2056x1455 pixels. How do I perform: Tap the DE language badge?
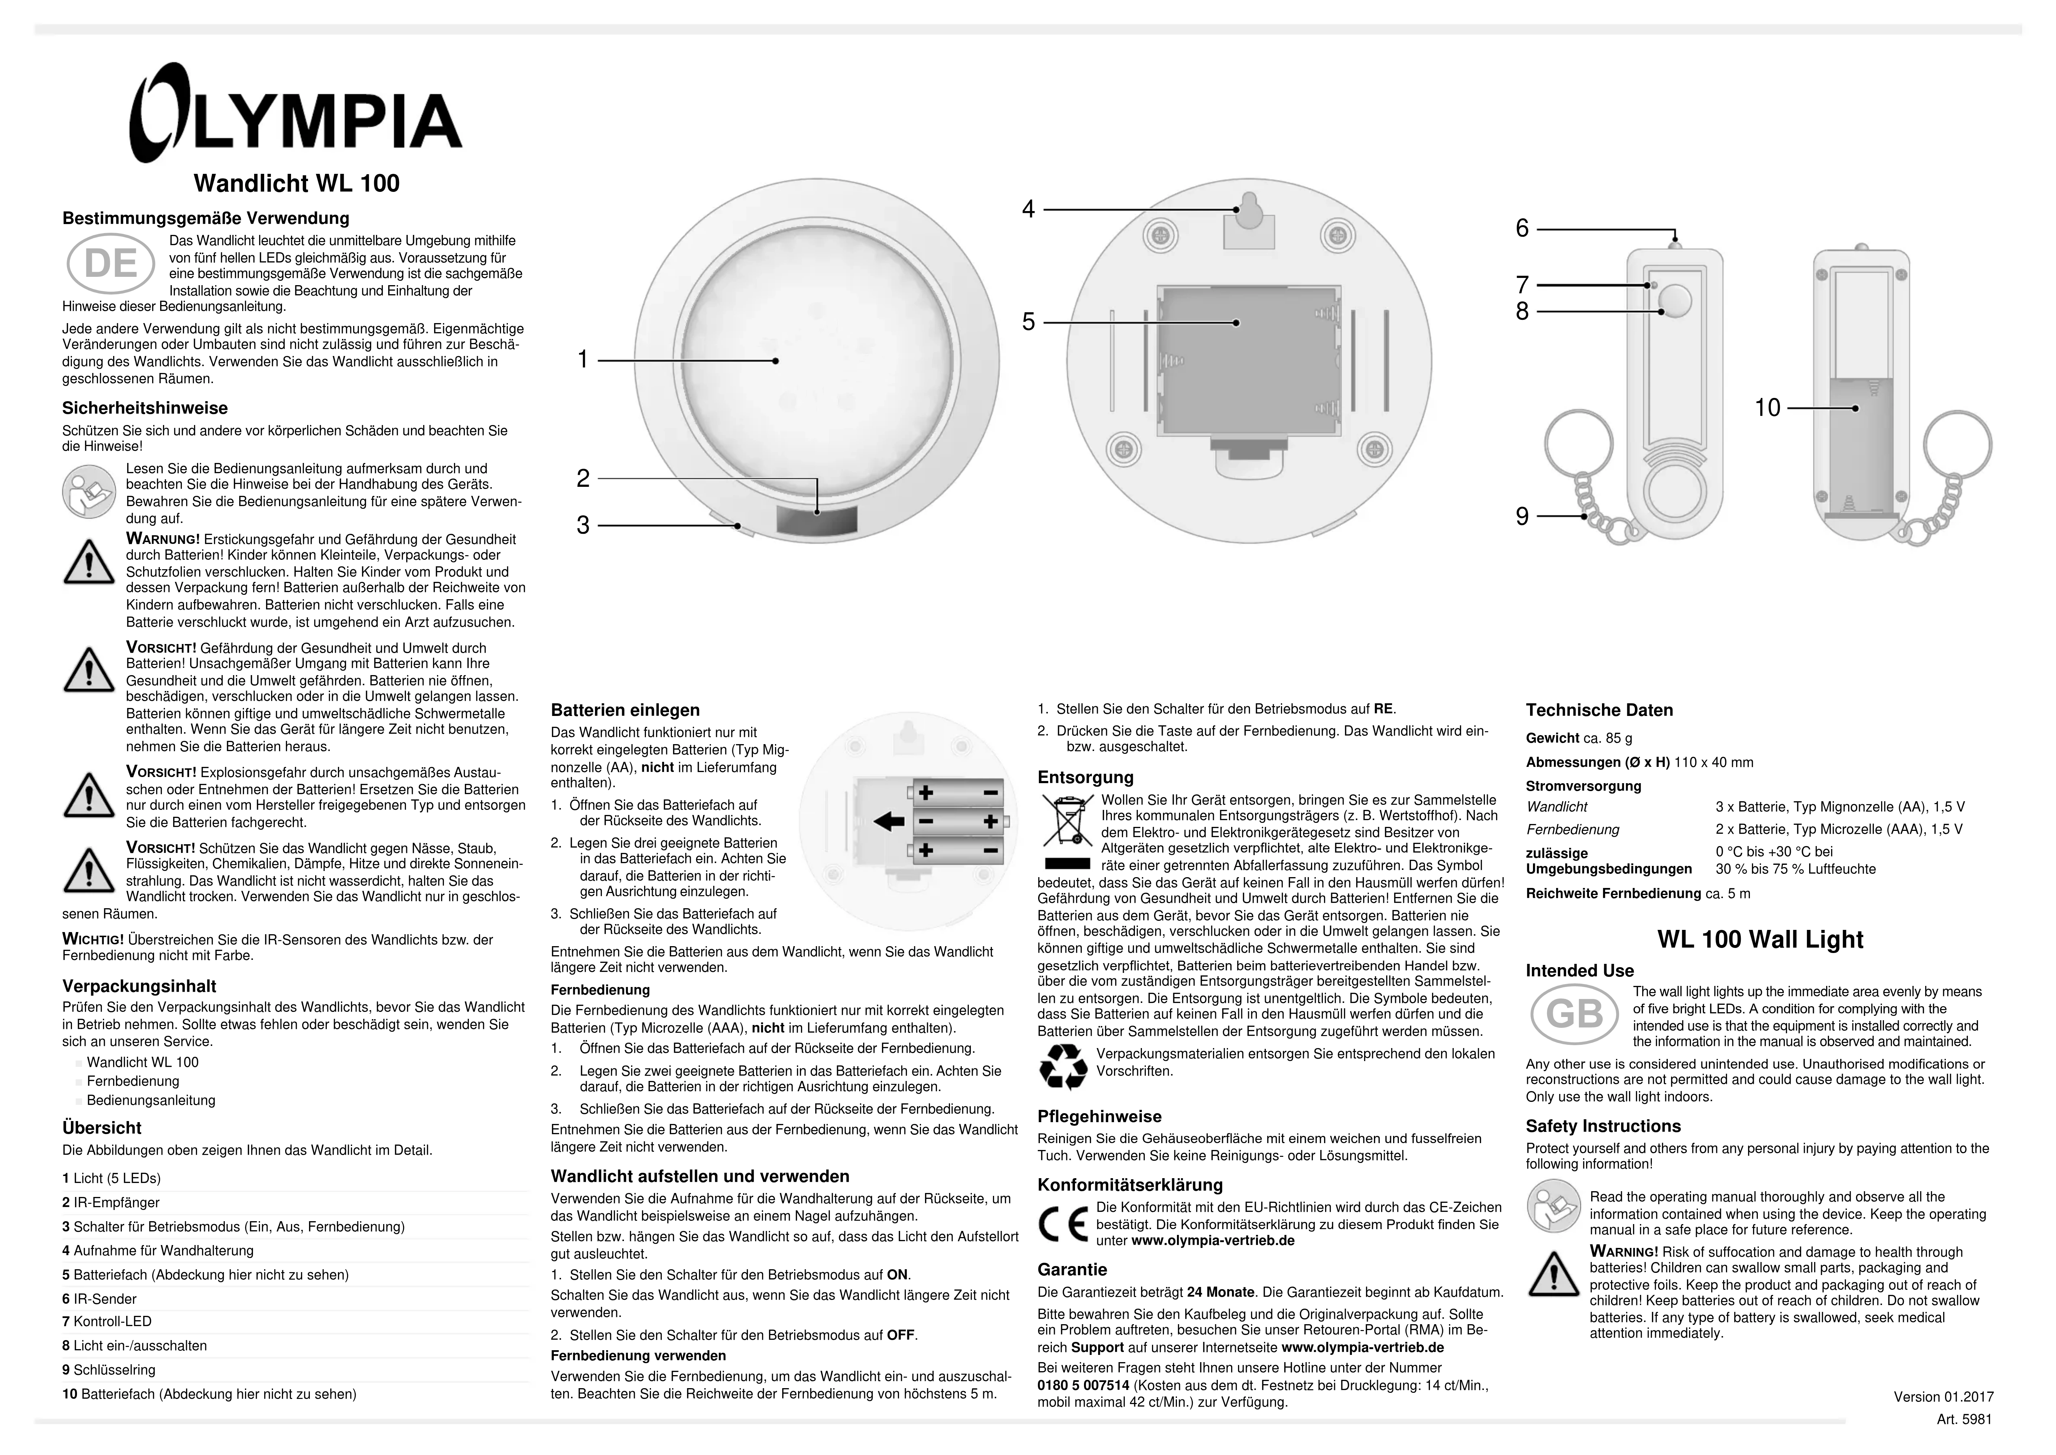(x=111, y=263)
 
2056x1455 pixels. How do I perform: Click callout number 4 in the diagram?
(x=1028, y=210)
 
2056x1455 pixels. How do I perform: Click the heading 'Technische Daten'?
(x=1599, y=711)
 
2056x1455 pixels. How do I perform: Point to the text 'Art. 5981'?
(x=1964, y=1419)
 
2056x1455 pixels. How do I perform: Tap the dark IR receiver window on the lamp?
(x=815, y=522)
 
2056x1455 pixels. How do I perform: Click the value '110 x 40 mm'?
(x=1713, y=763)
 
